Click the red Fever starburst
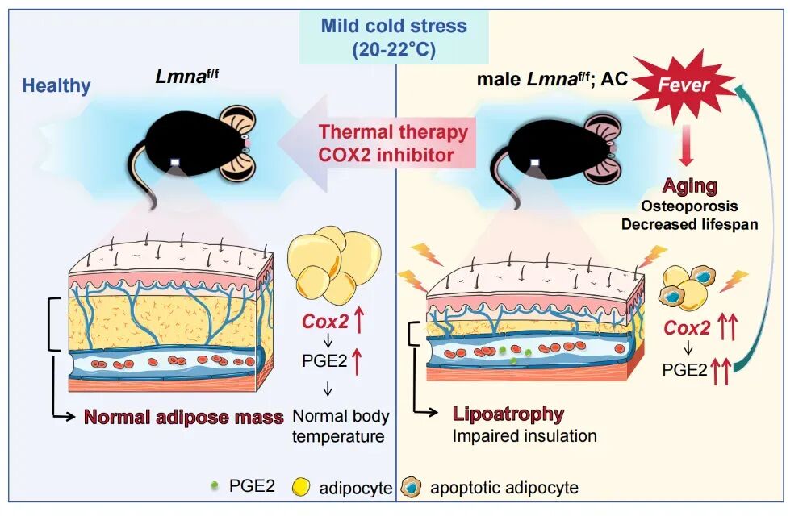(684, 85)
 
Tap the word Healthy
(56, 86)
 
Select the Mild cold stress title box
(394, 38)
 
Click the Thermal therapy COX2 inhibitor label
(393, 144)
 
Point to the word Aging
(690, 186)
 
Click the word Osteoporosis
(690, 206)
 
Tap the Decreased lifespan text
(690, 225)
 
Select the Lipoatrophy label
(508, 414)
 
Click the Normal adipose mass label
(184, 417)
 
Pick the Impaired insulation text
(525, 436)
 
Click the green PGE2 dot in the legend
(215, 485)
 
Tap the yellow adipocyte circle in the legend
(301, 487)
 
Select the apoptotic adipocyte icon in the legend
(411, 487)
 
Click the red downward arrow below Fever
(685, 146)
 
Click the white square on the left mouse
(175, 162)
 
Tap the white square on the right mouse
(535, 163)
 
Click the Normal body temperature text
(341, 426)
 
